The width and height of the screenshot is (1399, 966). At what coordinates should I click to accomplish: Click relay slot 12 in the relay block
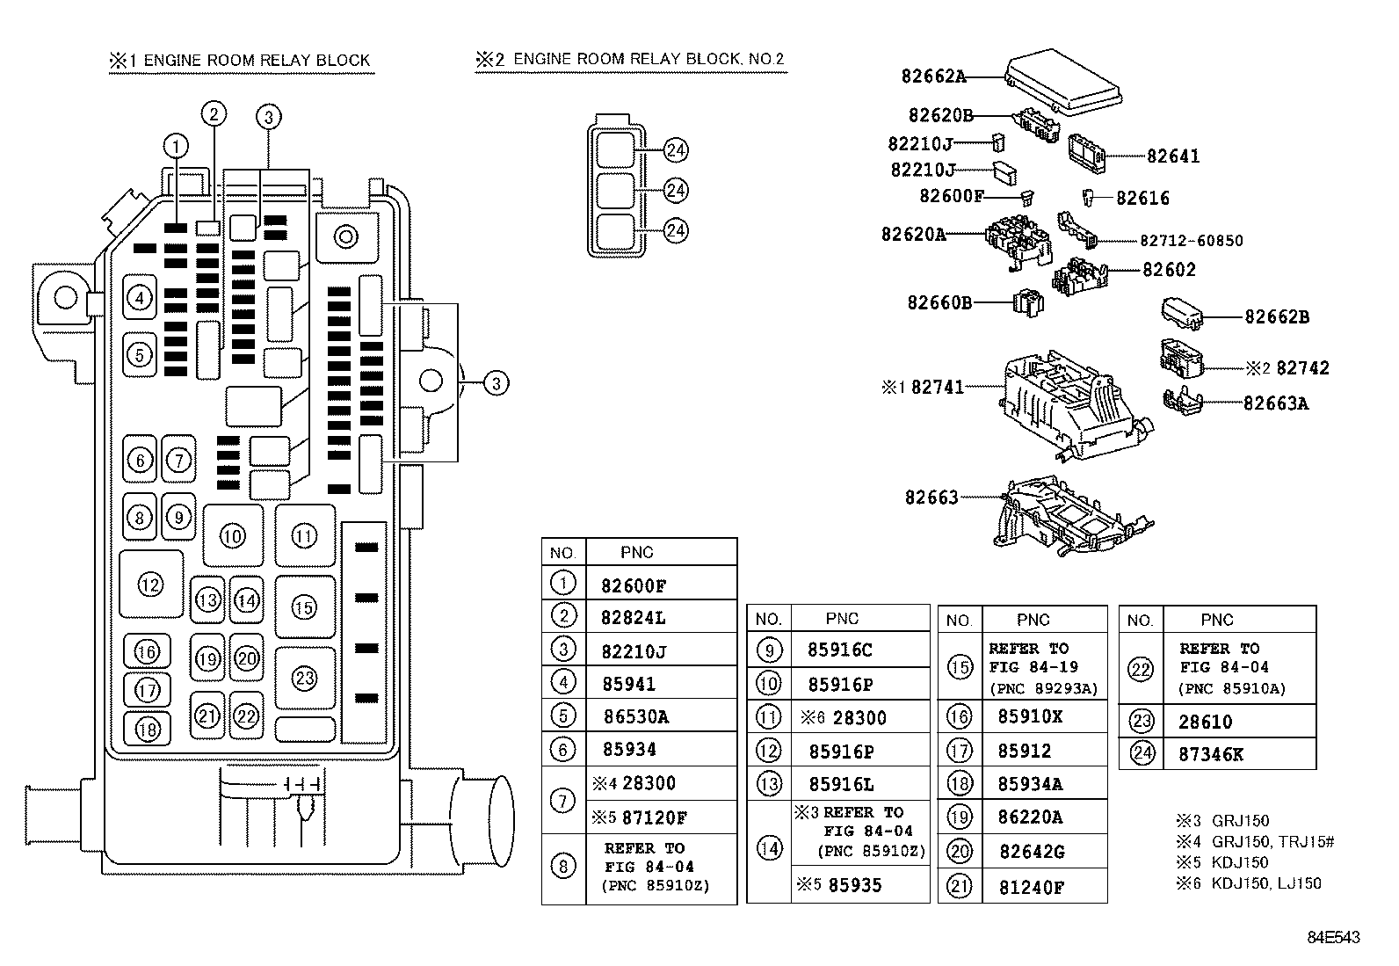tap(150, 584)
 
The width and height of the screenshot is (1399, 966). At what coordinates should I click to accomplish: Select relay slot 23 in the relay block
tap(304, 678)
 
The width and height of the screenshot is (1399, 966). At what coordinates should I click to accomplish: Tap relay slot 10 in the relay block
tap(232, 535)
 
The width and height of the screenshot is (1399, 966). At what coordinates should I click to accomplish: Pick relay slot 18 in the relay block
tap(147, 729)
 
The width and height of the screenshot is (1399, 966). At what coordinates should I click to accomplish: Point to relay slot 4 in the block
tap(140, 299)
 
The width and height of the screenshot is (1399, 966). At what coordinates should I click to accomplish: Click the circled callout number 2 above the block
tap(214, 113)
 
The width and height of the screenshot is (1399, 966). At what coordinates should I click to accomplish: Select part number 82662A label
tap(933, 76)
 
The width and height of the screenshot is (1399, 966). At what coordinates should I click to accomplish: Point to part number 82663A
tap(1276, 403)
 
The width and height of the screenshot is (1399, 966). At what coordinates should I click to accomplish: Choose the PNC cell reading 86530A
tap(636, 717)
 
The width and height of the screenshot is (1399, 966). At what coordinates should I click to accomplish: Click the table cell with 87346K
tap(1211, 754)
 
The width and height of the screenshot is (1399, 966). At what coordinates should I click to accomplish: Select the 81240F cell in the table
tap(1031, 888)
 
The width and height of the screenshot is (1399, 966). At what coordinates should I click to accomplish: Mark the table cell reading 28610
tap(1205, 723)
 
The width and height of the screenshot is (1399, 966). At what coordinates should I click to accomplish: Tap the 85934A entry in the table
tap(1030, 784)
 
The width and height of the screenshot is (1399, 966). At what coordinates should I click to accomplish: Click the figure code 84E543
tap(1333, 938)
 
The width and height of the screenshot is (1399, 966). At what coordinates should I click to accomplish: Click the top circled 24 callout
tap(675, 150)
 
